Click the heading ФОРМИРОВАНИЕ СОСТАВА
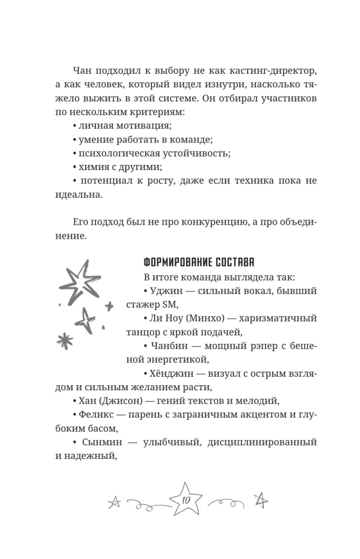(x=200, y=263)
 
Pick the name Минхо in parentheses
(x=204, y=318)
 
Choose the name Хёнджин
(x=171, y=372)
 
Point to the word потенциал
(x=108, y=180)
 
